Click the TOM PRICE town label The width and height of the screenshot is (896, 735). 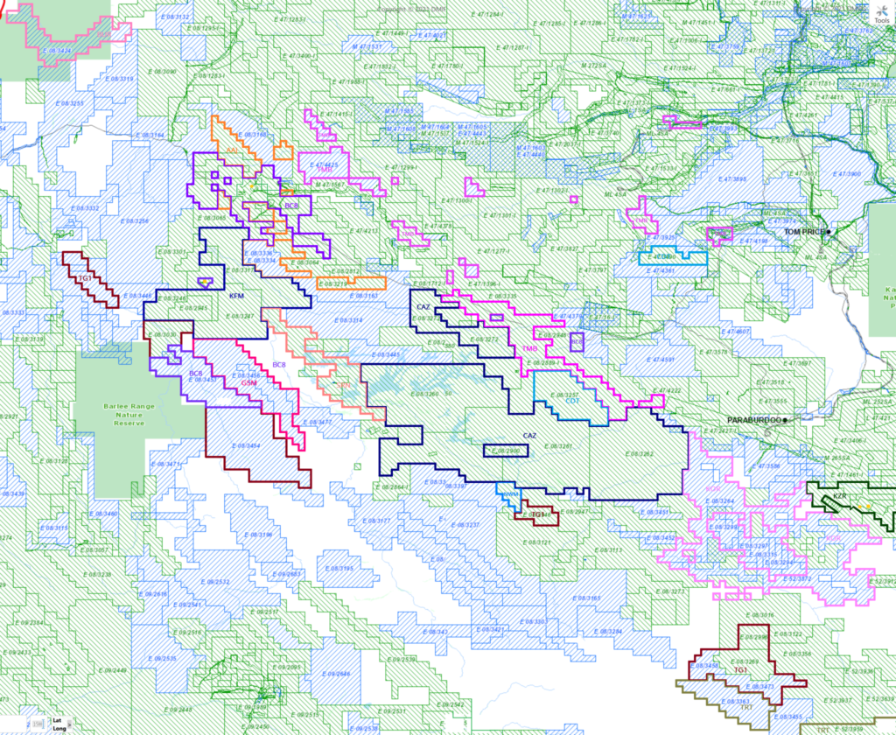tap(804, 232)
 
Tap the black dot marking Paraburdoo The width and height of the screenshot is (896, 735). tap(786, 420)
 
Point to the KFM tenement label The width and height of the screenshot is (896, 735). tap(236, 297)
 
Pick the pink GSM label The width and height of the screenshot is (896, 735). tap(248, 382)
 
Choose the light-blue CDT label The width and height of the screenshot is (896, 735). tap(574, 401)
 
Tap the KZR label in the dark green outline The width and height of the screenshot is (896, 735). tap(840, 496)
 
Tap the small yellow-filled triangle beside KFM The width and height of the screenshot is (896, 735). tap(206, 282)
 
